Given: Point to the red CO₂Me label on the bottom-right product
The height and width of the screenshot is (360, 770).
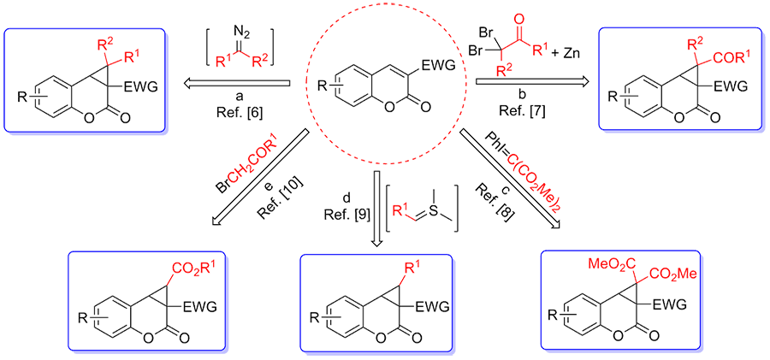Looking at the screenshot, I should tap(672, 275).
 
